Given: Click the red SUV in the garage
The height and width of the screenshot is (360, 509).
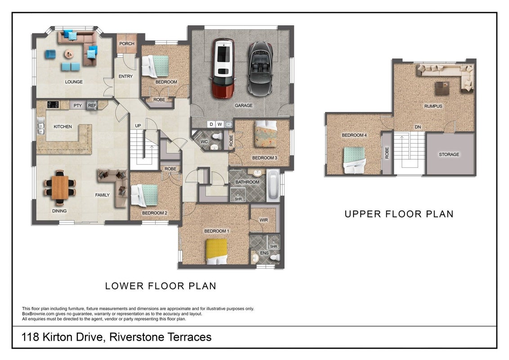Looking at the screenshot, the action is click(223, 68).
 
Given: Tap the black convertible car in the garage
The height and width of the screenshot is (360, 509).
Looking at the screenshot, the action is click(260, 68).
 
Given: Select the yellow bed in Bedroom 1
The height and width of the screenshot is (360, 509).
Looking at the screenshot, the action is click(217, 252).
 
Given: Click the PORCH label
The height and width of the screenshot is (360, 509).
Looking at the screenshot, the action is click(127, 44).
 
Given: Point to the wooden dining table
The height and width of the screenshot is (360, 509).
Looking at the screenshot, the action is click(60, 188).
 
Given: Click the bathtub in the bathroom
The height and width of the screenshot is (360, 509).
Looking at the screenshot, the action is click(272, 185).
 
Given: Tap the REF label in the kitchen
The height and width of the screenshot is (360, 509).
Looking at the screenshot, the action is click(92, 106).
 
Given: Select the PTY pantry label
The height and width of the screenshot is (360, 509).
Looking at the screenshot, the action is click(78, 106).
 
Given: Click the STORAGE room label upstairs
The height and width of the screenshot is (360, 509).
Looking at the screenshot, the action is click(449, 154).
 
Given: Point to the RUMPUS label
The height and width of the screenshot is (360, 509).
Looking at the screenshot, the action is click(433, 106).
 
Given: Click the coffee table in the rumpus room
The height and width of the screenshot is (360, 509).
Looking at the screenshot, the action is click(442, 88).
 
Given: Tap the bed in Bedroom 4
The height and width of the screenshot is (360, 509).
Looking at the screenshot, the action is click(354, 160).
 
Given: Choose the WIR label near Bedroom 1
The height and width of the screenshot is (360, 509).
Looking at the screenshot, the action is click(263, 220).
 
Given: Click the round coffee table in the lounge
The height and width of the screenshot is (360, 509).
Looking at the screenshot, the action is click(69, 54).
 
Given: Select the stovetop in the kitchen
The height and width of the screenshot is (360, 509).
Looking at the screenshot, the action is click(53, 104).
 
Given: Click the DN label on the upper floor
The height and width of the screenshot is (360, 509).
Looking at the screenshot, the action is click(418, 127).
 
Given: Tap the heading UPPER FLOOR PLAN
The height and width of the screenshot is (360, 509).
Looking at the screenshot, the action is click(399, 214).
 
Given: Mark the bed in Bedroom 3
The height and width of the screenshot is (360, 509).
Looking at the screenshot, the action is click(266, 134).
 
